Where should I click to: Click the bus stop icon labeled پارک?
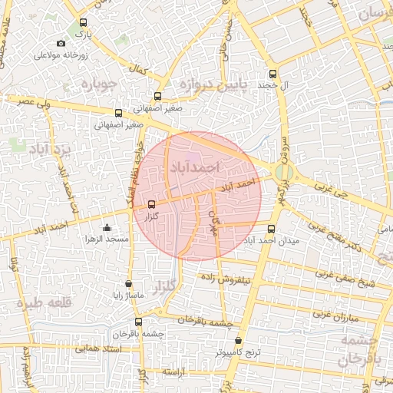click(x=83, y=23)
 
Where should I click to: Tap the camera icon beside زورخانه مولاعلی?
click(x=61, y=44)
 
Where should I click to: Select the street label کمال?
click(x=139, y=71)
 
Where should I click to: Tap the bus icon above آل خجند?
click(x=272, y=74)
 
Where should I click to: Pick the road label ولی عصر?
click(x=35, y=101)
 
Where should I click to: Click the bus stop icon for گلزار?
click(x=150, y=204)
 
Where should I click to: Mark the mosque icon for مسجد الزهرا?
click(x=107, y=227)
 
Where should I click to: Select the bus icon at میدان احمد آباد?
click(x=270, y=229)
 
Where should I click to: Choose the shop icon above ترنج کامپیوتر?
click(x=238, y=340)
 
